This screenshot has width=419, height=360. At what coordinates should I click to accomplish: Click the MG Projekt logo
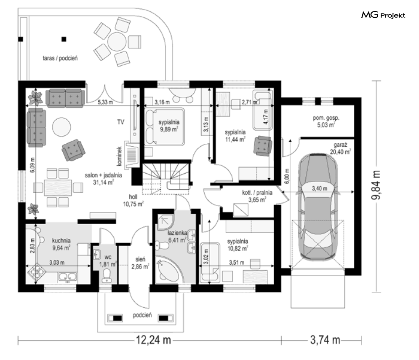point(383,16)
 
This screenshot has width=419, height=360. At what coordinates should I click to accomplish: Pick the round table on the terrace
point(115,42)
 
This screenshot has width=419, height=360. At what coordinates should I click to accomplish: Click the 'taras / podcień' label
point(60,58)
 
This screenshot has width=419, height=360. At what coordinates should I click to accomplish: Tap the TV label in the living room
point(121,122)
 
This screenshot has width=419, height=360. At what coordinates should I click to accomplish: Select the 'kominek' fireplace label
point(120,154)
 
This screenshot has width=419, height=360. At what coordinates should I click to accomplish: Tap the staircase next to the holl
point(166,178)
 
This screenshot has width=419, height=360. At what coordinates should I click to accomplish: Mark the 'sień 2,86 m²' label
point(140,263)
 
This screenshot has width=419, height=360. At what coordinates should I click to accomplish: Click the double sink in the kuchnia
point(68,277)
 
